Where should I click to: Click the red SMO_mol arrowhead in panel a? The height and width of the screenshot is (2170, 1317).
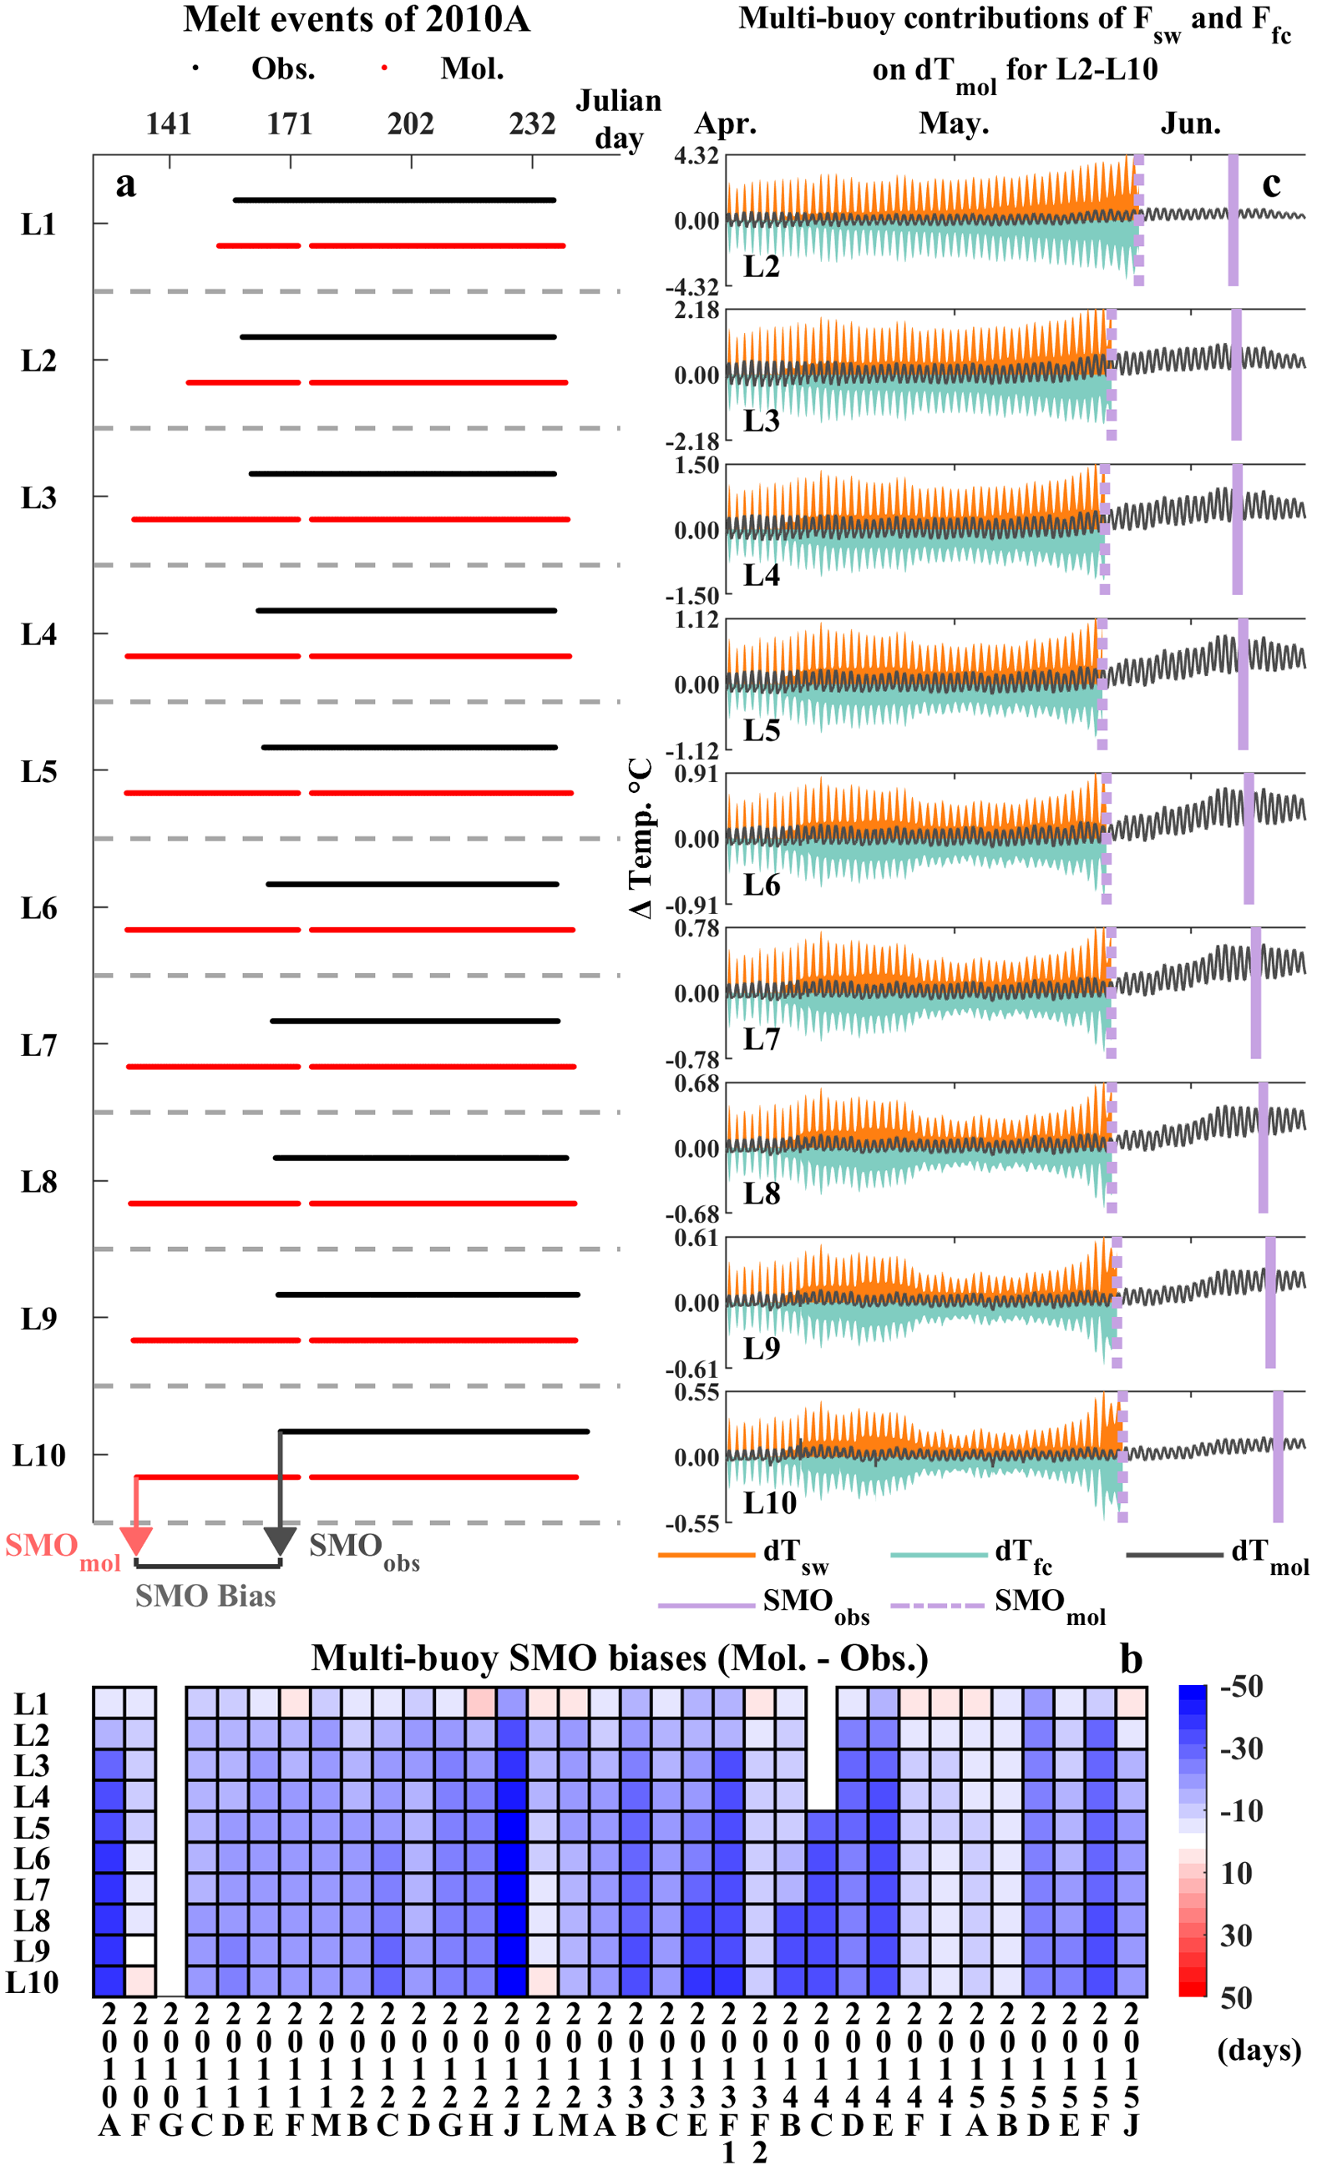(135, 1541)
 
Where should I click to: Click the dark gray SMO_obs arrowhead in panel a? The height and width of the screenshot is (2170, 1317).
(280, 1541)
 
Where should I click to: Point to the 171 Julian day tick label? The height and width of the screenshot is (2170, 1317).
(290, 124)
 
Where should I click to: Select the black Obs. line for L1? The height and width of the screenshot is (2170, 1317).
(394, 201)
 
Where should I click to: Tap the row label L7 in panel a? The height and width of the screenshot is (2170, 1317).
(38, 1046)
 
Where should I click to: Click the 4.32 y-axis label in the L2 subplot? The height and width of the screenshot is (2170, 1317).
(696, 157)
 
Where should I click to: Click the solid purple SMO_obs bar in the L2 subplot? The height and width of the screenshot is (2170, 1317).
(1233, 220)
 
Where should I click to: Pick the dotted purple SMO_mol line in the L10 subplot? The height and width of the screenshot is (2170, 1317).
(1122, 1456)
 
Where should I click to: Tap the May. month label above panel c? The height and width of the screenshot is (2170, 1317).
(954, 124)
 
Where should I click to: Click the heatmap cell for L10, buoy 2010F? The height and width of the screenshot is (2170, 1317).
(140, 1981)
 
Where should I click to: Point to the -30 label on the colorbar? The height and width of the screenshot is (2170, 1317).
(1241, 1749)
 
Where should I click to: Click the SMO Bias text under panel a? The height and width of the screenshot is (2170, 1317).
(205, 1596)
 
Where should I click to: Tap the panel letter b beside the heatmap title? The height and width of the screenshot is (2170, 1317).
(1130, 1659)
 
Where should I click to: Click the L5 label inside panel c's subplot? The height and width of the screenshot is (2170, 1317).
(762, 731)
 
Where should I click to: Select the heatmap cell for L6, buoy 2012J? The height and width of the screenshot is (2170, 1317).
(511, 1857)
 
